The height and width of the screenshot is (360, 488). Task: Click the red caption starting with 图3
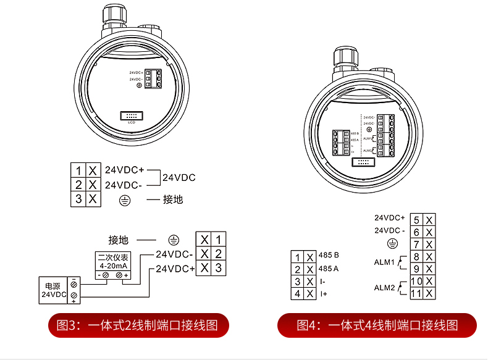[138, 325]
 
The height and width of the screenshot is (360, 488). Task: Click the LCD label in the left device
[131, 122]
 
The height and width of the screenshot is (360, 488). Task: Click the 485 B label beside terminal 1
[329, 255]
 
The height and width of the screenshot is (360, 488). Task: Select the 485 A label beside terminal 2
[329, 269]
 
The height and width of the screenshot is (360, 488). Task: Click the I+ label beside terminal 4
[324, 294]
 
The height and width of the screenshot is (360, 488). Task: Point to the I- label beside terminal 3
[323, 282]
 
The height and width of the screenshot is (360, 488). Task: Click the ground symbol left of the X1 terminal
[174, 240]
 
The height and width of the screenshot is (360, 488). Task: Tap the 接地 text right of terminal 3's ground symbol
[173, 199]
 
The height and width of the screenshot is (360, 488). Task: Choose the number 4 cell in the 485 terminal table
[298, 294]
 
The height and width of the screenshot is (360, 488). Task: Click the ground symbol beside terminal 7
[390, 244]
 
